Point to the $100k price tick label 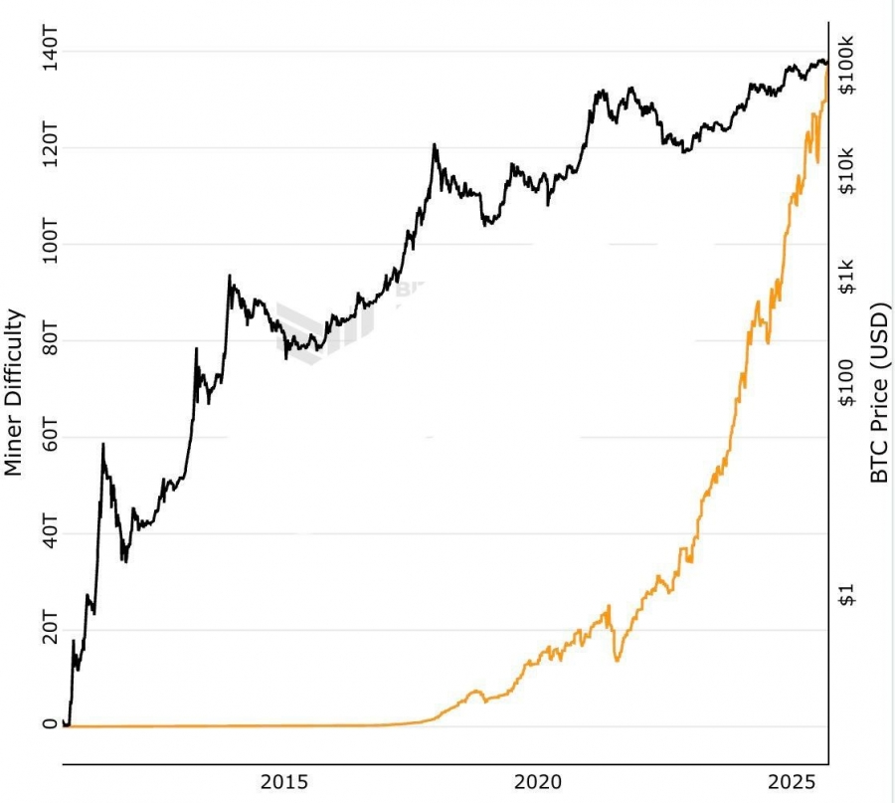[847, 66]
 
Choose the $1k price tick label [847, 276]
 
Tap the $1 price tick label [847, 595]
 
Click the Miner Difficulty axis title [14, 392]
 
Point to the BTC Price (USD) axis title [879, 392]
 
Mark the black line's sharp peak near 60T [102, 445]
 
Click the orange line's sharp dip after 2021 [618, 659]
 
